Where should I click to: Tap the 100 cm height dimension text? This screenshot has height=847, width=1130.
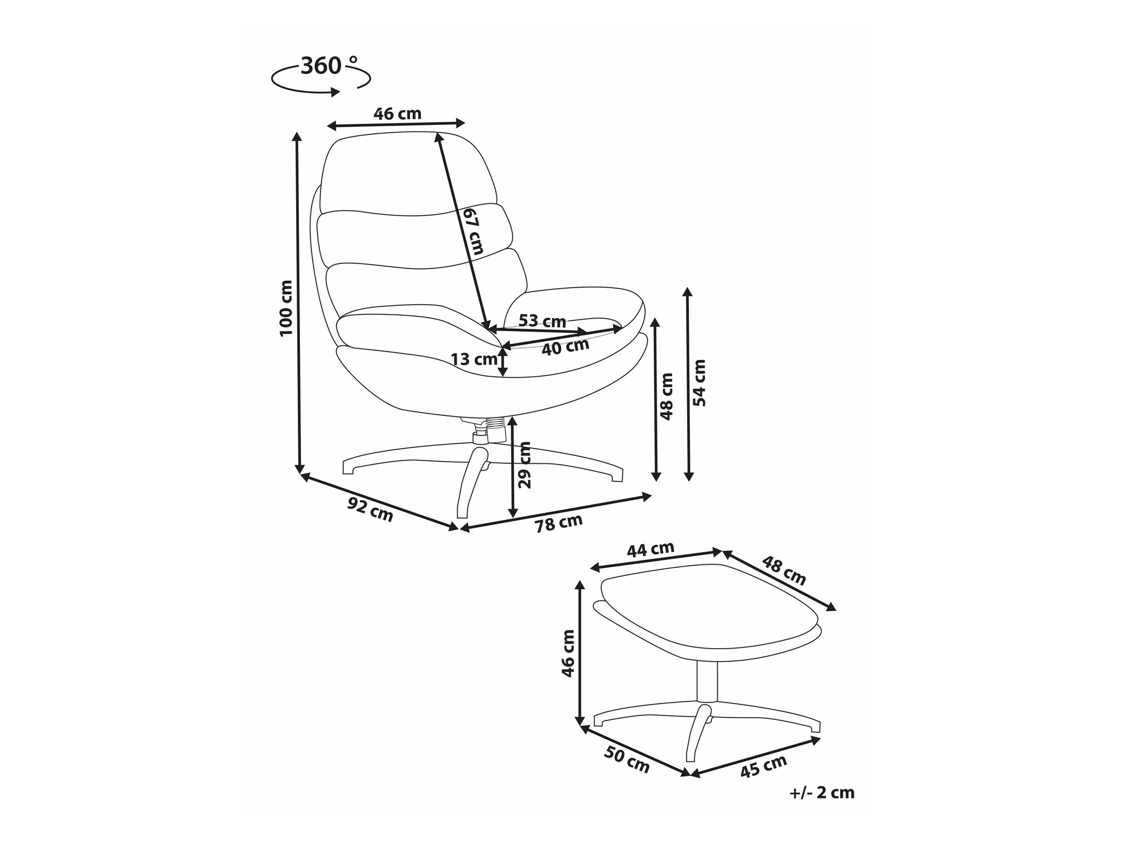[286, 309]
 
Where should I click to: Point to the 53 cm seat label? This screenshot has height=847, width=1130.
[542, 321]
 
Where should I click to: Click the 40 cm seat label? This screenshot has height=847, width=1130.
[566, 346]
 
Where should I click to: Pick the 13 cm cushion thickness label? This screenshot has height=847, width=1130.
[474, 359]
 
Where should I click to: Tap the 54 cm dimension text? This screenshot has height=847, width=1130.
[699, 383]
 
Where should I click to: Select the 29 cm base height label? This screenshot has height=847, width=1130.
[524, 464]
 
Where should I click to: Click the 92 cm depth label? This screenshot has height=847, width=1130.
[370, 510]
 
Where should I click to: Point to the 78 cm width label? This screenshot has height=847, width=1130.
[559, 523]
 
